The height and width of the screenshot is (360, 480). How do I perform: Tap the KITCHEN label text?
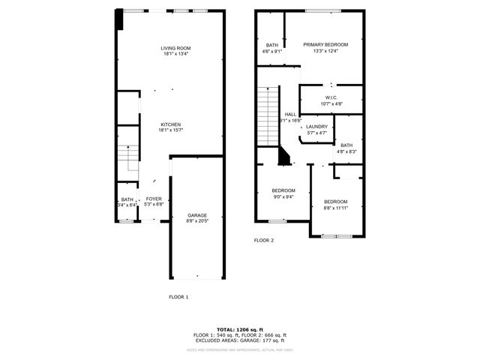click(x=170, y=124)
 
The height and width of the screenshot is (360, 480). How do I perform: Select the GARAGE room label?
click(x=196, y=214)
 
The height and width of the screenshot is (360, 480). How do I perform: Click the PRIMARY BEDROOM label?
click(x=325, y=45)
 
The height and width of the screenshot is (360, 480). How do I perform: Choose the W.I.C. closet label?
click(x=331, y=97)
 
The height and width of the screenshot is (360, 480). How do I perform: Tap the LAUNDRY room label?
click(x=316, y=127)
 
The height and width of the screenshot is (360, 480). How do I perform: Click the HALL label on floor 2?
click(x=290, y=115)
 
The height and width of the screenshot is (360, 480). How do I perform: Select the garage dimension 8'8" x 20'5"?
click(x=196, y=221)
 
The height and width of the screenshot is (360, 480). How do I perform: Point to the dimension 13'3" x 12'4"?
click(x=325, y=52)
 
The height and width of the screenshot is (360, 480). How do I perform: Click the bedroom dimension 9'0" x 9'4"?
click(x=283, y=196)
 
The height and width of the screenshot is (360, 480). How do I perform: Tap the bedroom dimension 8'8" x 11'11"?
click(x=336, y=208)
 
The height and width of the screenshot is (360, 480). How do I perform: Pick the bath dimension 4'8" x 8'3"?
click(x=346, y=151)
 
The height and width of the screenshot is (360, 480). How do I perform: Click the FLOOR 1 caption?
click(x=178, y=297)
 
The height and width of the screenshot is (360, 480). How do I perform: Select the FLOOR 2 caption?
click(x=264, y=240)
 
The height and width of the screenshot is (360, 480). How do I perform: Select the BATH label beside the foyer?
click(x=127, y=199)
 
